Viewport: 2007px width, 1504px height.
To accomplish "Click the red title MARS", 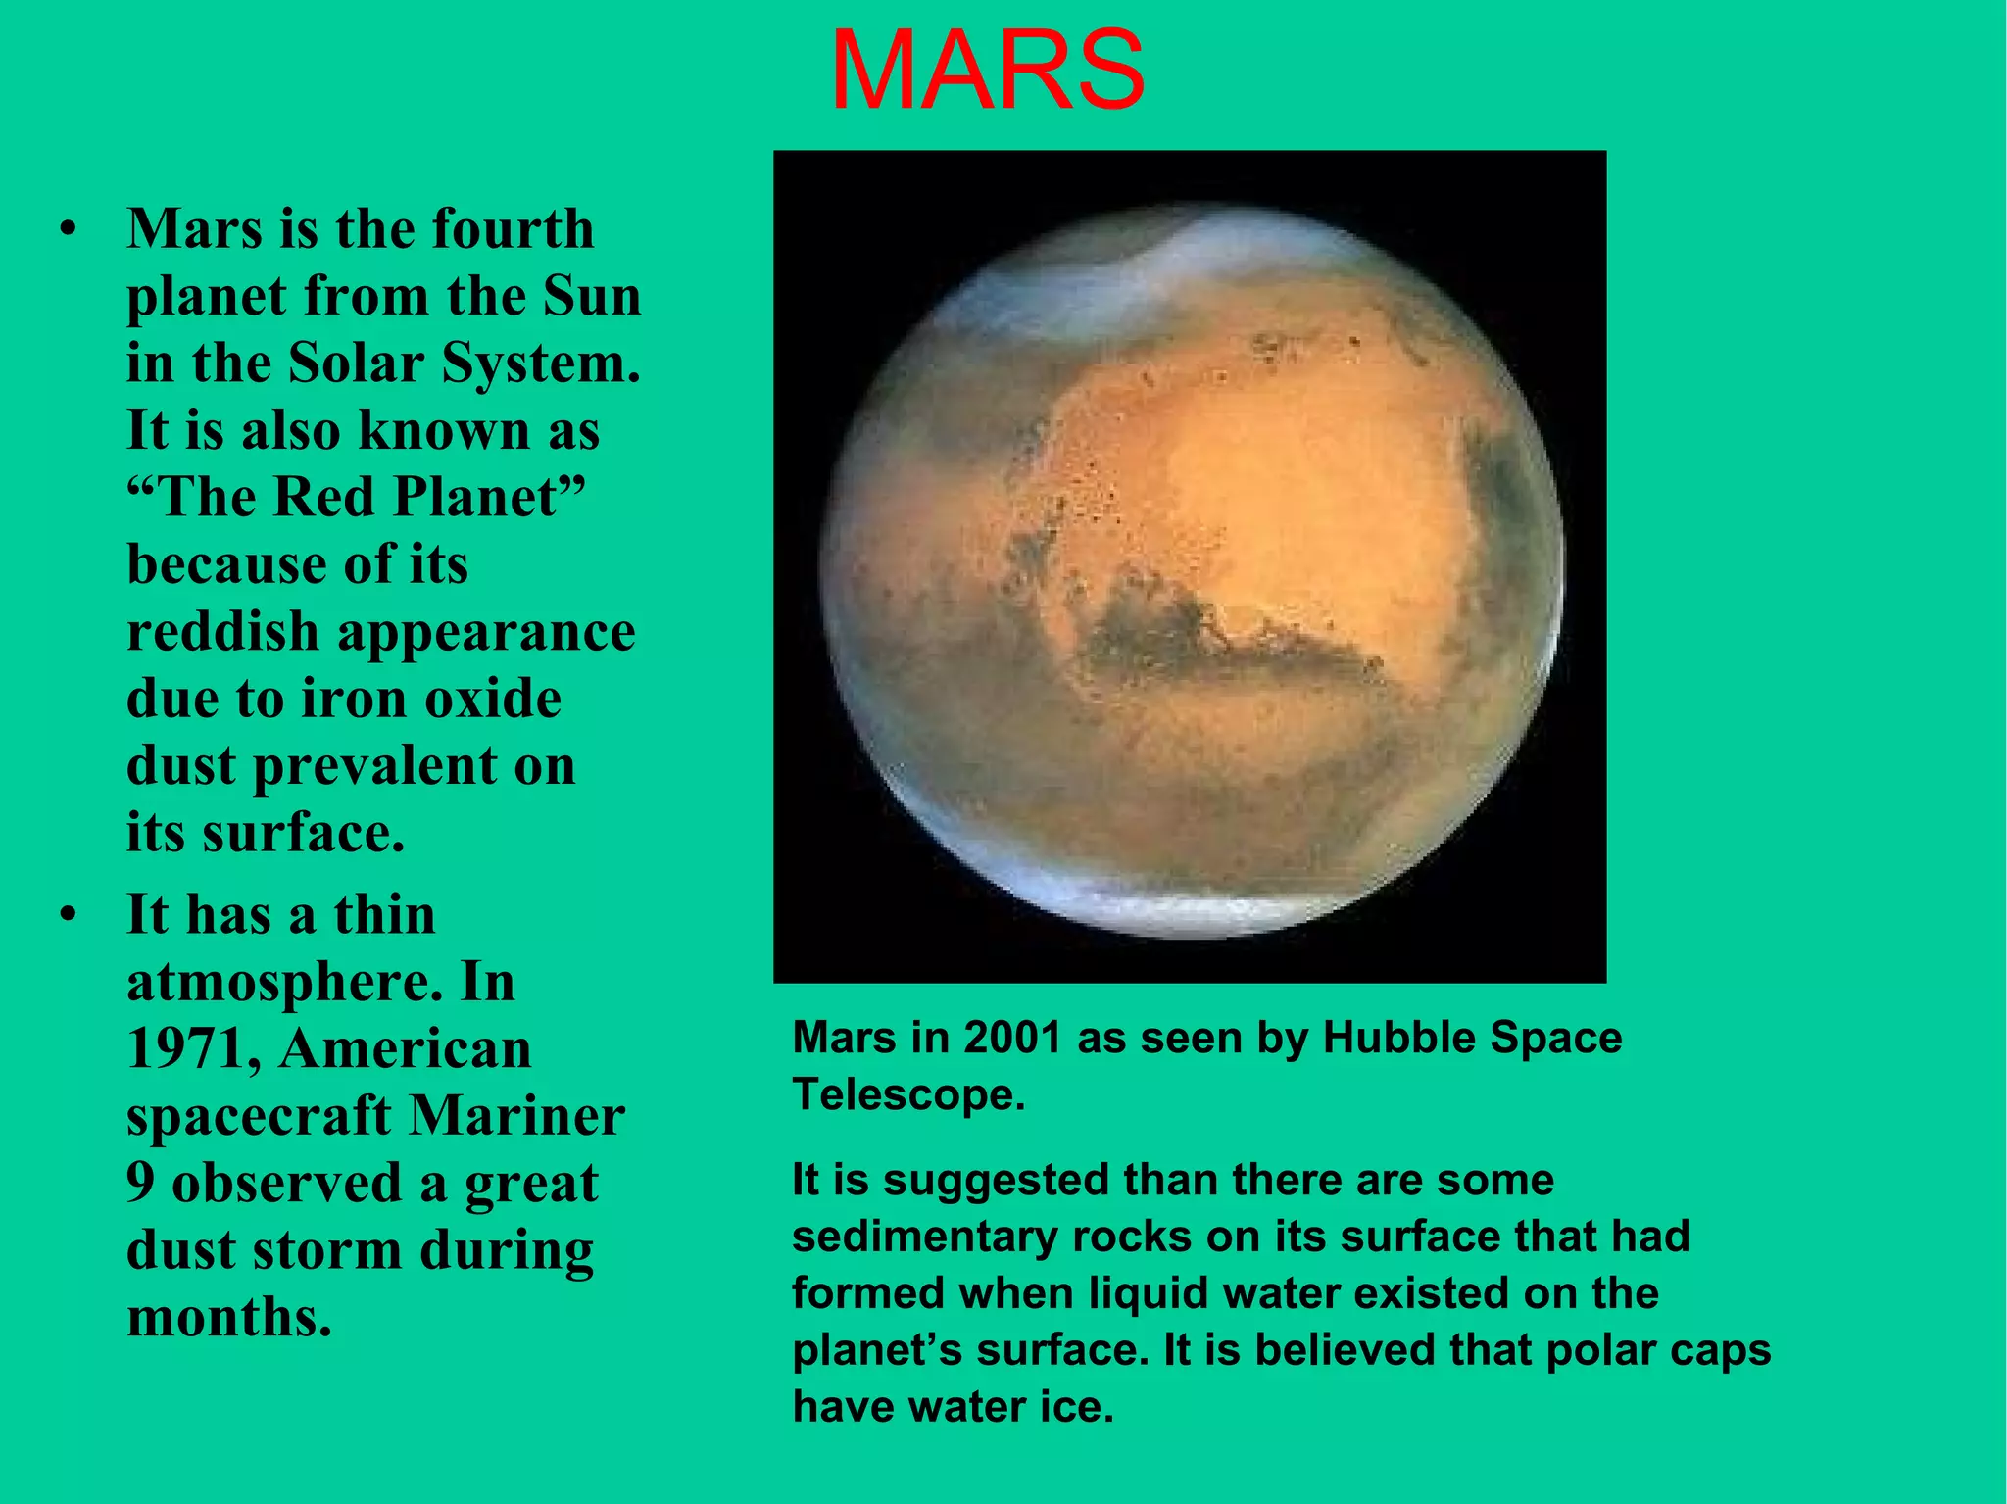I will coord(987,72).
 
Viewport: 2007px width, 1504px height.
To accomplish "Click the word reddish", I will coord(223,632).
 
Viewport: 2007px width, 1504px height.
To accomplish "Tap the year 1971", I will coord(192,1048).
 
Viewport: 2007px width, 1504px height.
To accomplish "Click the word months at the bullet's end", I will coord(229,1318).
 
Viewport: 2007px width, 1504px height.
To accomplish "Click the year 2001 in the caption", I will coord(1012,1038).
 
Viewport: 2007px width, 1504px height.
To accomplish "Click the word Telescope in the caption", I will coord(907,1094).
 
